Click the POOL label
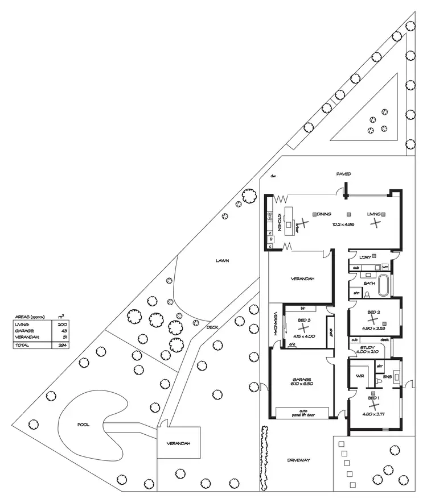click(83, 425)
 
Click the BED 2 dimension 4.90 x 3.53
click(373, 329)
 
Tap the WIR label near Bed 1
click(360, 376)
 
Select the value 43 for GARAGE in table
click(62, 330)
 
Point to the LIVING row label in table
click(22, 323)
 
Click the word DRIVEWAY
click(298, 460)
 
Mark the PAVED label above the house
click(343, 173)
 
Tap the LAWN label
click(222, 261)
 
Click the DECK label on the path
click(212, 327)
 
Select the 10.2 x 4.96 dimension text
click(343, 225)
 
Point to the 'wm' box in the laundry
click(385, 267)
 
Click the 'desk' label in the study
click(384, 339)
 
